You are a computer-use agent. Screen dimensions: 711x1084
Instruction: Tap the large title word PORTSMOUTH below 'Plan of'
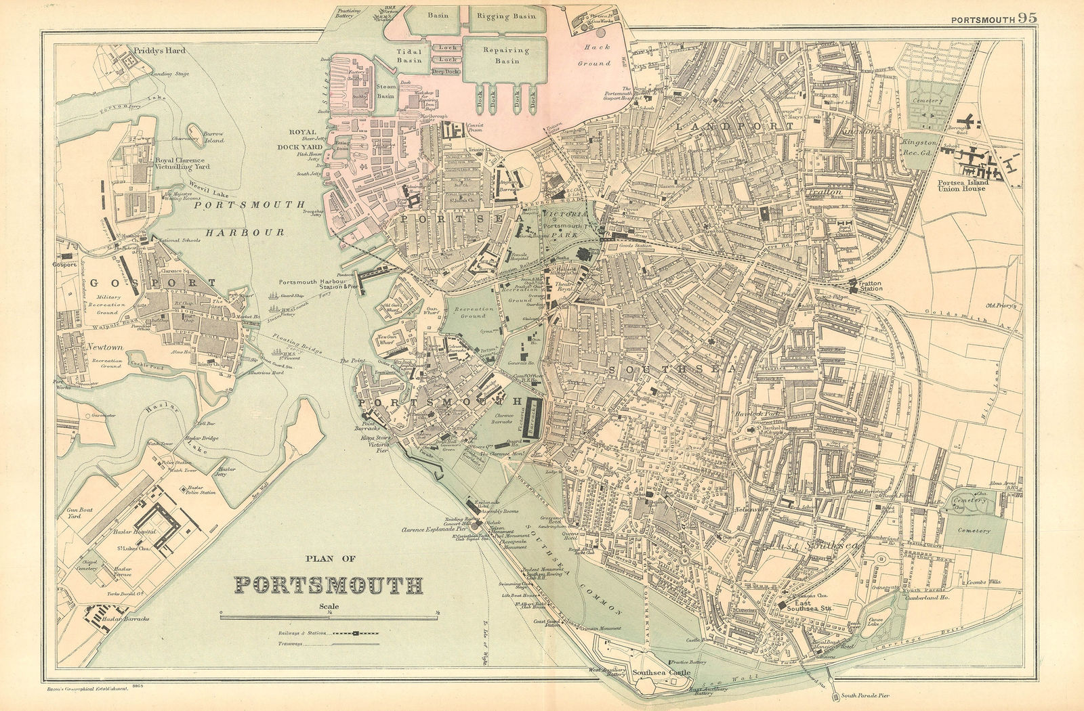click(329, 584)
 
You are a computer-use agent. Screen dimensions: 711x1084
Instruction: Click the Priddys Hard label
click(159, 50)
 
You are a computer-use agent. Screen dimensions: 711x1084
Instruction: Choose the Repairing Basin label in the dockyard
click(505, 55)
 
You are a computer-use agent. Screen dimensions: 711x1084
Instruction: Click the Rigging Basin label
click(506, 16)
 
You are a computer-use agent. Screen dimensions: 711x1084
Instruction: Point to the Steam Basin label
click(385, 91)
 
